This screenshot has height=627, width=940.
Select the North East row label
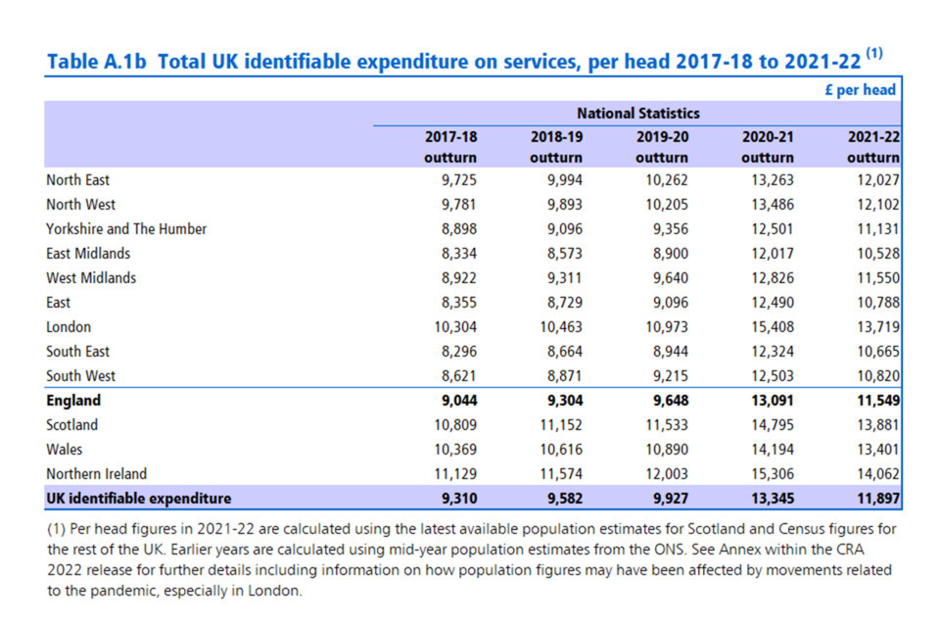point(77,180)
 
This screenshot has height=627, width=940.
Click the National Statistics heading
point(638,114)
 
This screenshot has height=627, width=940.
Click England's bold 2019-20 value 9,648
point(666,401)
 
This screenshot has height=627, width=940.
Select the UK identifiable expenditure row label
point(138,499)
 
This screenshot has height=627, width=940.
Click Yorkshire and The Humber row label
point(126,229)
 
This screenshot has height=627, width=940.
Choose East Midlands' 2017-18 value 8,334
point(454,254)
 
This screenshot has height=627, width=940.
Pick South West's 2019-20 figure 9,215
point(666,376)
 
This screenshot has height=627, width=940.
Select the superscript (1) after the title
point(874,54)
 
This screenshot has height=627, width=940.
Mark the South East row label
point(77,352)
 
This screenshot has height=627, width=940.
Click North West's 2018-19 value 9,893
point(560,205)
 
